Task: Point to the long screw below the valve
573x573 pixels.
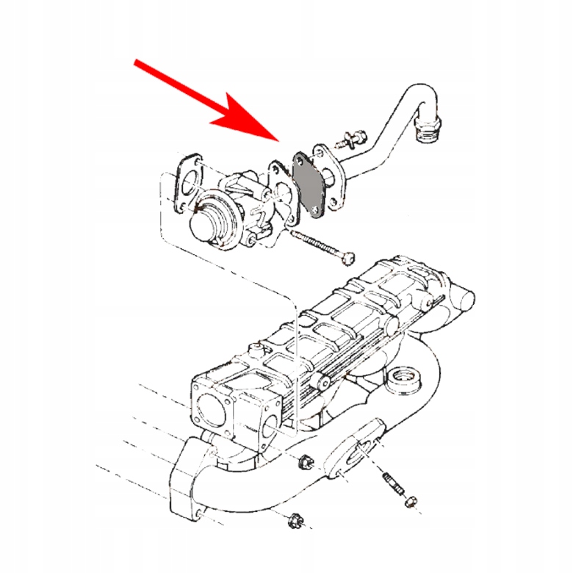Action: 323,245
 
